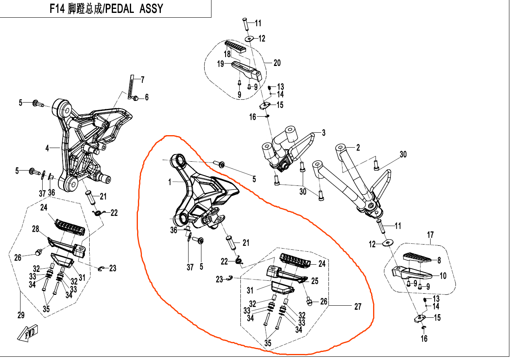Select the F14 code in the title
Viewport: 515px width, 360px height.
tap(57, 9)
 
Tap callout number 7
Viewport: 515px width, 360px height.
tap(142, 79)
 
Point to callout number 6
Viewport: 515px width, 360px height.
tap(147, 97)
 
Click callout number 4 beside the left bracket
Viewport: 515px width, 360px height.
tap(47, 148)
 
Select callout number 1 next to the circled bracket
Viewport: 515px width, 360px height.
tap(170, 182)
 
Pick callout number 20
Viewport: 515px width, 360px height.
tap(277, 63)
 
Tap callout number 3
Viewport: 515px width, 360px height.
tap(323, 133)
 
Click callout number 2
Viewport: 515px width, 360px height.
tap(357, 148)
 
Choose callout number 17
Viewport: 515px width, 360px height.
tap(431, 234)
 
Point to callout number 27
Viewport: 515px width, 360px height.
tap(357, 307)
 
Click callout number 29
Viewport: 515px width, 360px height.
tap(21, 315)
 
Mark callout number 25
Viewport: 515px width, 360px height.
tap(315, 281)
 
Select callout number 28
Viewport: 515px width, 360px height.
tap(35, 229)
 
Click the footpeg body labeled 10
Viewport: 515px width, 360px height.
tap(414, 275)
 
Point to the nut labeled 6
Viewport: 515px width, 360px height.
tap(137, 97)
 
